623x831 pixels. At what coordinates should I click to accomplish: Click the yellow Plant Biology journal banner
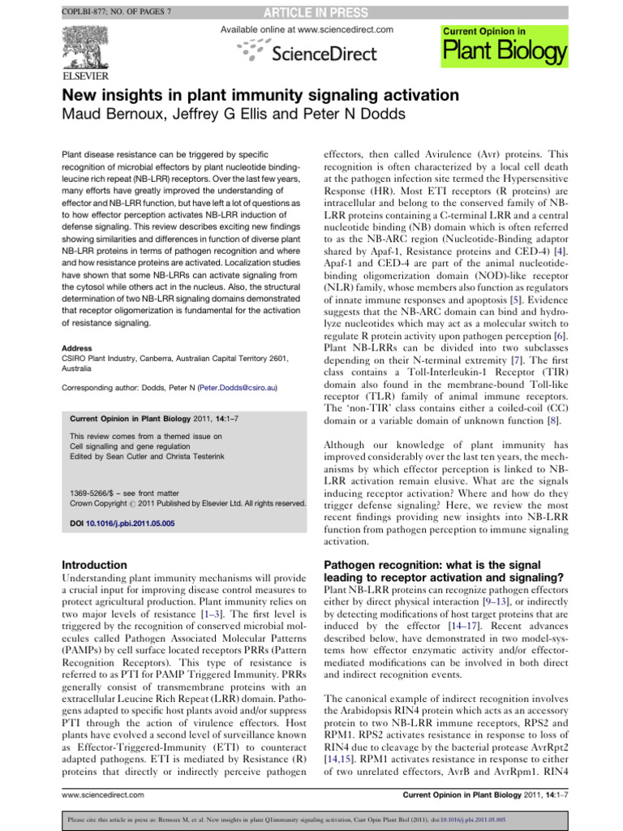[x=503, y=45]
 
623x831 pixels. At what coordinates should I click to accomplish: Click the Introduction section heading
[x=95, y=564]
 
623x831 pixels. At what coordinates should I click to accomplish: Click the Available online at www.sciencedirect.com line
[x=307, y=29]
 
